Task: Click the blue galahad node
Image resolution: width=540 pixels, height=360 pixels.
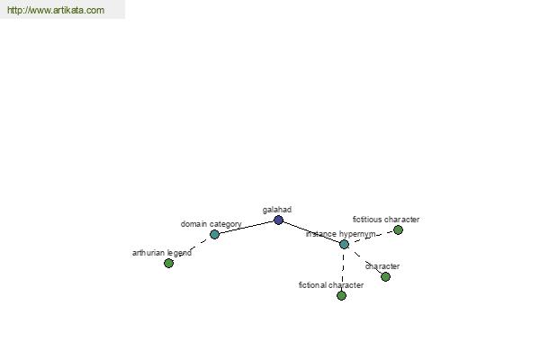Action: coord(278,220)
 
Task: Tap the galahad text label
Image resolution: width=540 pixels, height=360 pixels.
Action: coord(277,210)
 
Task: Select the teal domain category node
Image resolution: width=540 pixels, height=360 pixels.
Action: coord(214,234)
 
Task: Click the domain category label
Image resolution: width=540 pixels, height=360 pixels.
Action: coord(211,224)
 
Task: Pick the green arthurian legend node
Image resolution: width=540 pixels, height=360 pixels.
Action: coord(168,263)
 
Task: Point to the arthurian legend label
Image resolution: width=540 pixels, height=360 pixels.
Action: coord(162,253)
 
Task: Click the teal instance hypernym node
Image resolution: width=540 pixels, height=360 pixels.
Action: coord(344,244)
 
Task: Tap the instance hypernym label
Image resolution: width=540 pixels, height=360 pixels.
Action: coord(340,234)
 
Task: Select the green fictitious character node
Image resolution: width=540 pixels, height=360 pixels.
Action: coord(398,229)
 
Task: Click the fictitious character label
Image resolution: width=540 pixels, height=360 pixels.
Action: coord(386,220)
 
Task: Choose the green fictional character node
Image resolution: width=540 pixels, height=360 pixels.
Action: coord(341,295)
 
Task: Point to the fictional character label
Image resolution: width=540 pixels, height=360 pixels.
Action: coord(331,285)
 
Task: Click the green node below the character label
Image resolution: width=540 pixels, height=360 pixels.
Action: coord(386,276)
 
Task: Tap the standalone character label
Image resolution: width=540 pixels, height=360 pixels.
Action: coord(382,266)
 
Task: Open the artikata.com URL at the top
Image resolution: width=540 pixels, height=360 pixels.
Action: coord(56,10)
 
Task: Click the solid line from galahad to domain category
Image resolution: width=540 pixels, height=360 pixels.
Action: coord(247,227)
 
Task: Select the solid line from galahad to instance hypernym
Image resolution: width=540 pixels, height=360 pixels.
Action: coord(311,232)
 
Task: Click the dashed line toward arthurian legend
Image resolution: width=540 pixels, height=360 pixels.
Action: coord(192,248)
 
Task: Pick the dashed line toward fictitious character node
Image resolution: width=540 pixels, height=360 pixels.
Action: coord(371,237)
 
